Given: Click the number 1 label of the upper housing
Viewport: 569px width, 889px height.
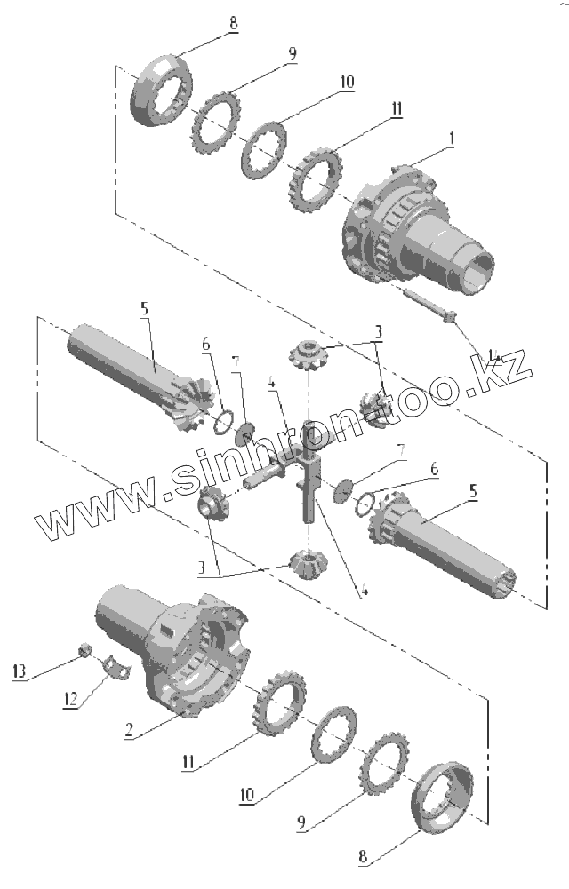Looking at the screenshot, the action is coord(452,139).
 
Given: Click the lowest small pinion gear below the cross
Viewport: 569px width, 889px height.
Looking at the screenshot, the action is coord(307,562).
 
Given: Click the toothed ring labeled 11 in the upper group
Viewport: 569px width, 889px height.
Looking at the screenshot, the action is coord(314,183).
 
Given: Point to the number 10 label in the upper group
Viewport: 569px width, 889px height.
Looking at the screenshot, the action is coord(345,82).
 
